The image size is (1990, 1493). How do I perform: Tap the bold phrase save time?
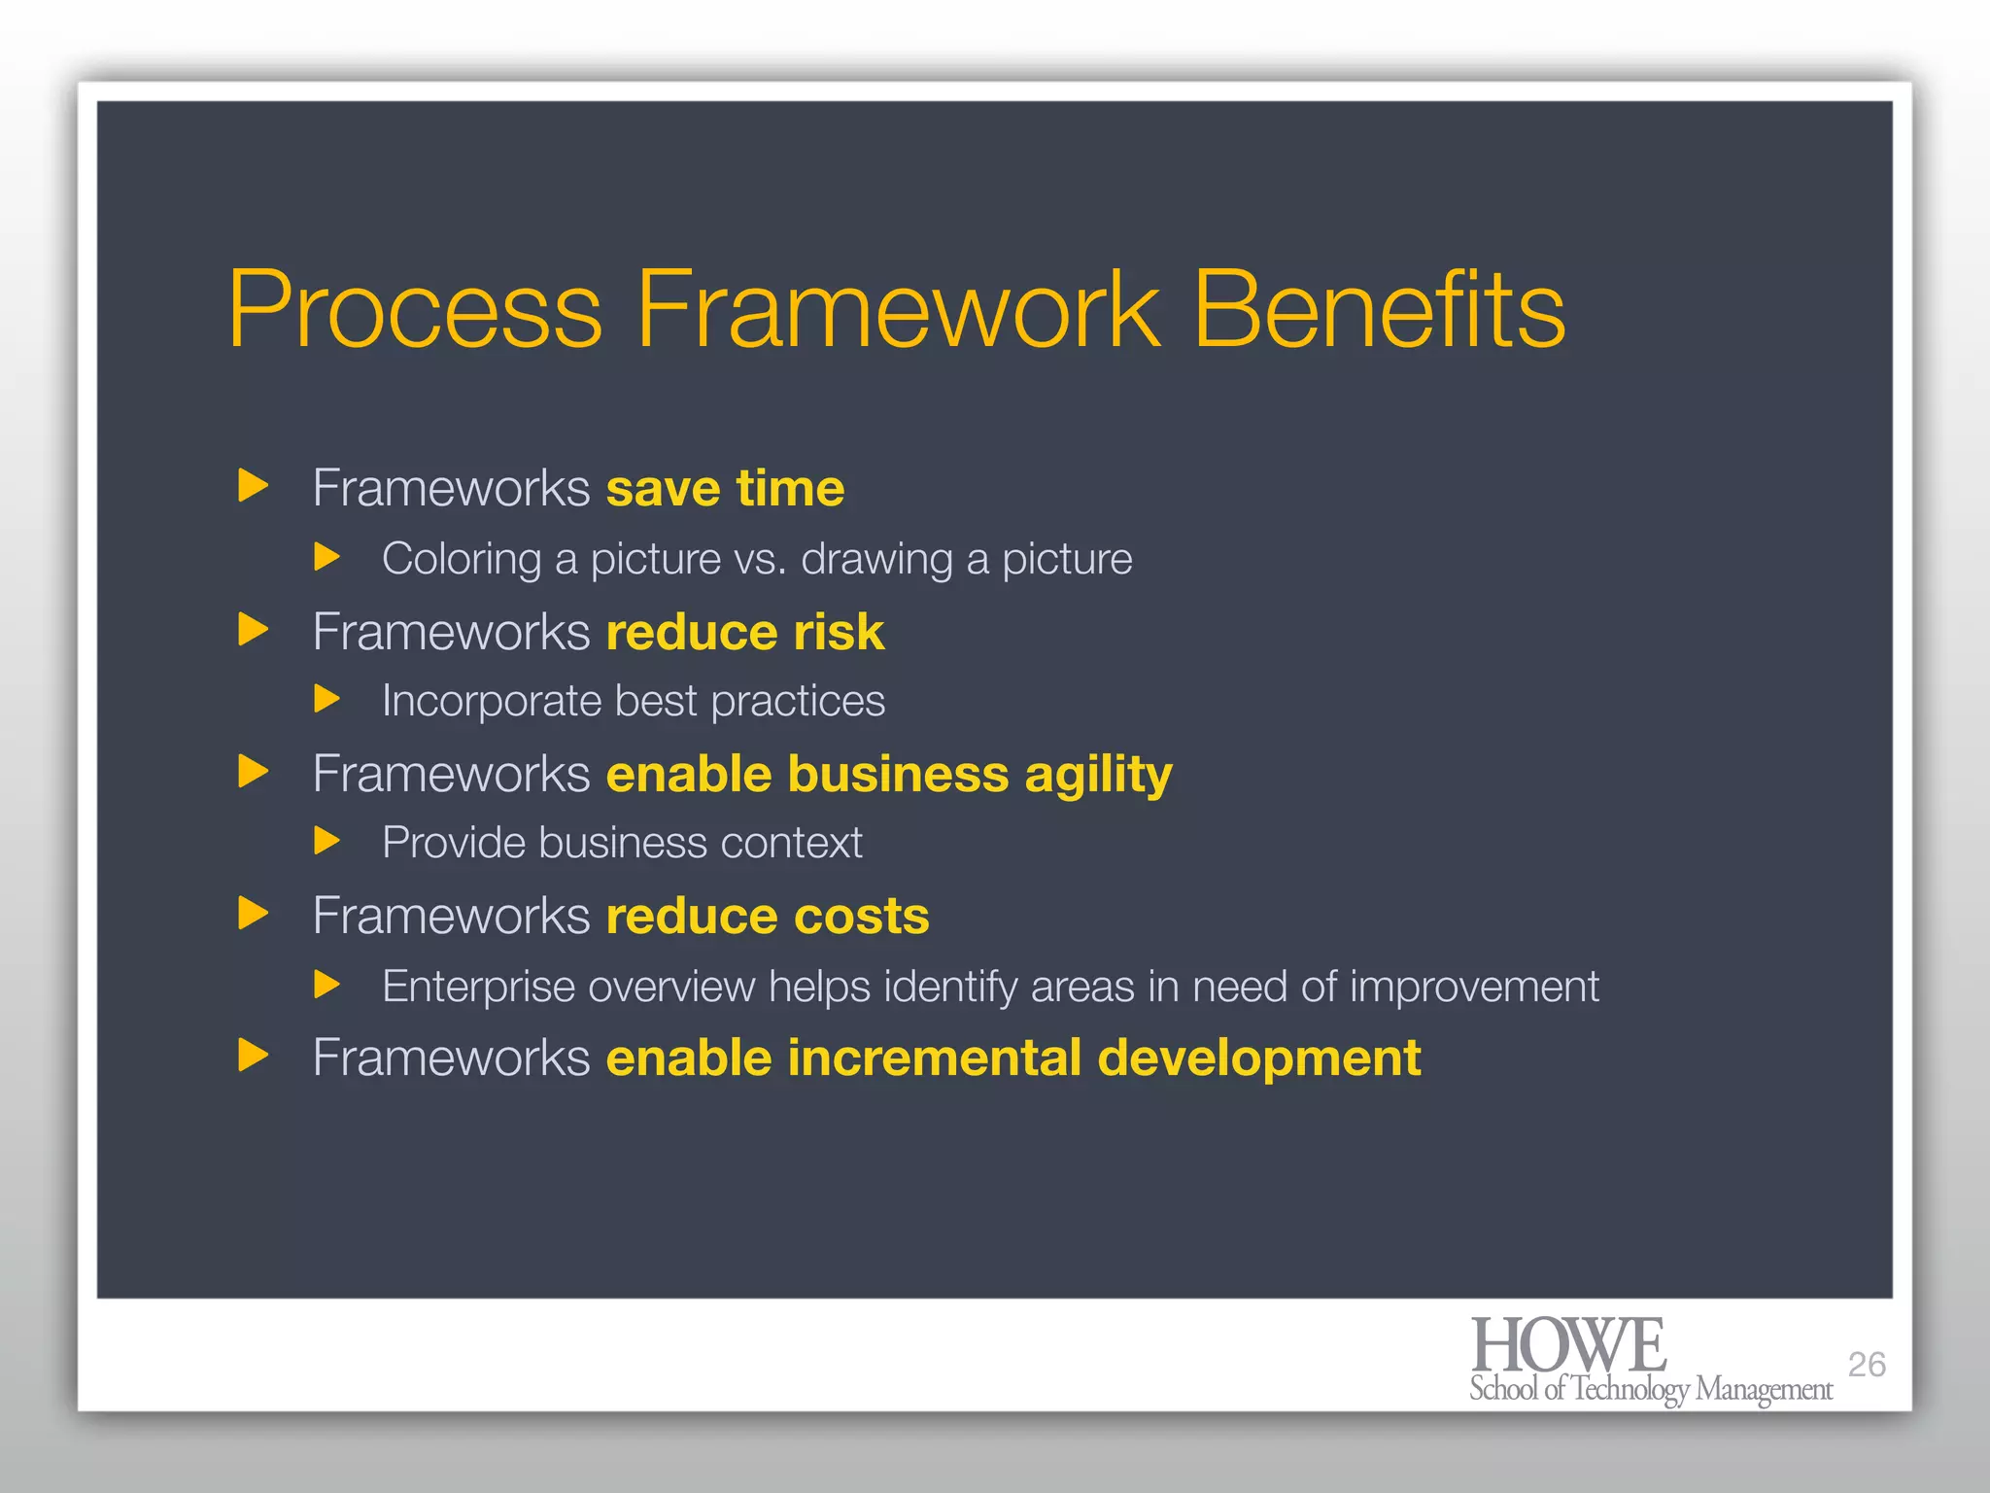(x=725, y=488)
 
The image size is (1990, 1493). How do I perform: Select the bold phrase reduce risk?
(x=744, y=632)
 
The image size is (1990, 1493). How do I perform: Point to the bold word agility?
(x=1098, y=776)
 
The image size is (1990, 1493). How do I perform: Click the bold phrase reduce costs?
(x=768, y=916)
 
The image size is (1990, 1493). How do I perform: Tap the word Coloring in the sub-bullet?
(x=462, y=560)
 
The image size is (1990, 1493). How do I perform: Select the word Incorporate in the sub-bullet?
(x=491, y=701)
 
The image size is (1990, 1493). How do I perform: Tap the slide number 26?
(x=1866, y=1365)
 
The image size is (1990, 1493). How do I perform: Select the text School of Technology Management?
(x=1650, y=1389)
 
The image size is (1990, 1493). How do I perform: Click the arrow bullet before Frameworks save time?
(x=253, y=485)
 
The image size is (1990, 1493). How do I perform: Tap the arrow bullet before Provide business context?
(x=327, y=841)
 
